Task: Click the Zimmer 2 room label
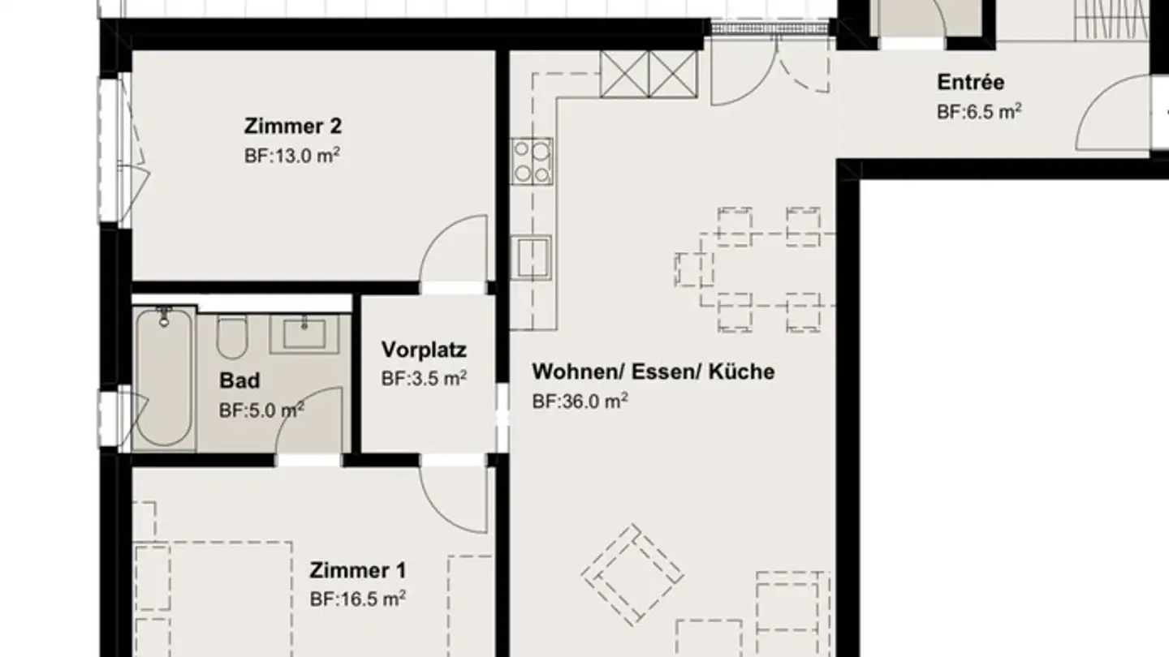tap(292, 127)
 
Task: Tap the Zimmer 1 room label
tap(357, 571)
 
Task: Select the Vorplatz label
tap(424, 350)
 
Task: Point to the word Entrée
tap(970, 82)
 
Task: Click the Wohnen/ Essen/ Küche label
tap(653, 372)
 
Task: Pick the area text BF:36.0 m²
tap(580, 401)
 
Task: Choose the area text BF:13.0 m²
tap(291, 156)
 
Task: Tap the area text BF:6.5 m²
tap(978, 111)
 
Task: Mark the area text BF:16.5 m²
tap(357, 599)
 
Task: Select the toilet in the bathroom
tap(231, 337)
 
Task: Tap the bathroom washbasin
tap(304, 334)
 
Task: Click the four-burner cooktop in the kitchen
tap(532, 160)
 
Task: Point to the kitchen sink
tap(532, 255)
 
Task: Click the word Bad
tap(239, 380)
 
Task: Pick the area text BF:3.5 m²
tap(424, 379)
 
